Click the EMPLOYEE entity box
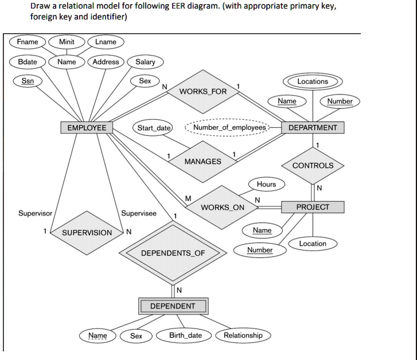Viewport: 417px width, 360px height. [x=87, y=127]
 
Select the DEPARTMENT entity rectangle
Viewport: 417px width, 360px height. [x=313, y=127]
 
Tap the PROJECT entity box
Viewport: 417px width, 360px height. [x=313, y=207]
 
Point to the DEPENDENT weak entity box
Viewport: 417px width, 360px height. [x=173, y=306]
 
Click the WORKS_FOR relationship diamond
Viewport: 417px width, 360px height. [x=203, y=92]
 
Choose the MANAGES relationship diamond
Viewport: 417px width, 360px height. [x=202, y=162]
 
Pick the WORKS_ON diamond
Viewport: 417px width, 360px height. [x=223, y=207]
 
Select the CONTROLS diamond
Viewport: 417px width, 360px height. [x=313, y=166]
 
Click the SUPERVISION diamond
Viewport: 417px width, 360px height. [x=87, y=232]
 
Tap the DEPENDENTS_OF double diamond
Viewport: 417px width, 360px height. [x=173, y=253]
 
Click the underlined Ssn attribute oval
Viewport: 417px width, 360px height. [x=28, y=81]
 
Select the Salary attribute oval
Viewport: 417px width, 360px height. [x=145, y=62]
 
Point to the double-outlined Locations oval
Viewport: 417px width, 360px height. [x=313, y=81]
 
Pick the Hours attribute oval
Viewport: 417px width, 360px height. [x=266, y=184]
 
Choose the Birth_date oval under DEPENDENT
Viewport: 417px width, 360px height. [x=185, y=335]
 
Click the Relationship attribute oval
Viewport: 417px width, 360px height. [x=243, y=335]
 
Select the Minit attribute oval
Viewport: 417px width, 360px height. [x=67, y=42]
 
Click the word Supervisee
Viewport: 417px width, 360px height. [x=138, y=213]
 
